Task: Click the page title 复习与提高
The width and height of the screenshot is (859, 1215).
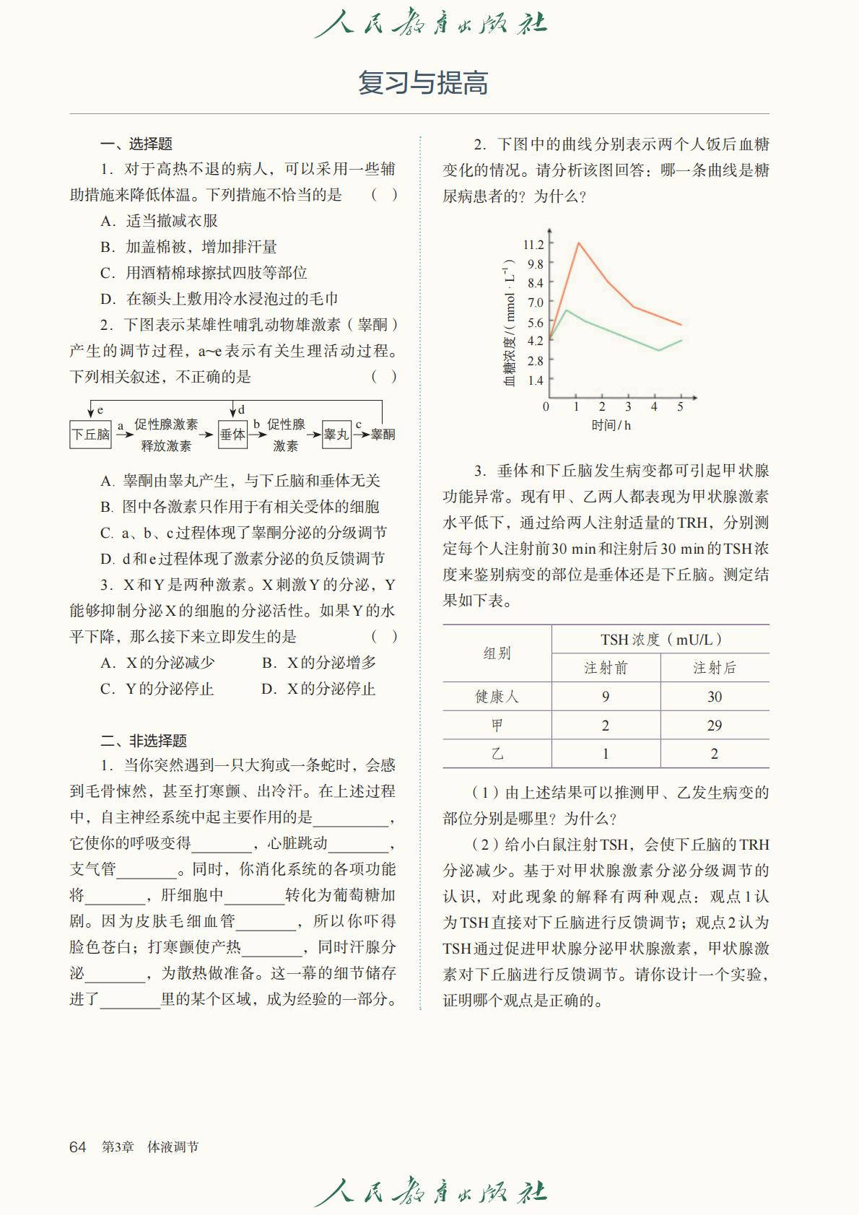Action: pyautogui.click(x=423, y=83)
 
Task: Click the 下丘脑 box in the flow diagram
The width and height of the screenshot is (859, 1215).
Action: pyautogui.click(x=90, y=435)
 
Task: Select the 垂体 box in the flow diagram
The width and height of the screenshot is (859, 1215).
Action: pyautogui.click(x=232, y=435)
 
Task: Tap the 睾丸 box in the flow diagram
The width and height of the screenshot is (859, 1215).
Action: pyautogui.click(x=336, y=435)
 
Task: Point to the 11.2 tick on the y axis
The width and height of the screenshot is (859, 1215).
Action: pyautogui.click(x=534, y=245)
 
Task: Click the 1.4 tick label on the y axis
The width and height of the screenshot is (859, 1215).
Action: pyautogui.click(x=535, y=380)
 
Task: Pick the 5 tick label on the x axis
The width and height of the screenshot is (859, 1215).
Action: pyautogui.click(x=680, y=407)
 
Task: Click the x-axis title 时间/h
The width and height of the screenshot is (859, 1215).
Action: pyautogui.click(x=611, y=425)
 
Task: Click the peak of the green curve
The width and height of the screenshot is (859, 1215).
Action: pyautogui.click(x=567, y=310)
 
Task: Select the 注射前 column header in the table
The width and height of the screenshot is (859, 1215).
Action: pyautogui.click(x=606, y=668)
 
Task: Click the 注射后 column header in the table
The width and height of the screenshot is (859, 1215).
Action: pyautogui.click(x=714, y=668)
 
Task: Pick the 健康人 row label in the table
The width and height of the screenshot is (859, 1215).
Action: pyautogui.click(x=497, y=697)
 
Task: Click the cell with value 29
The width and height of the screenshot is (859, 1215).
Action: pyautogui.click(x=714, y=726)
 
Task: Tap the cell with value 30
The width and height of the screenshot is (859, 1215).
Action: pyautogui.click(x=714, y=697)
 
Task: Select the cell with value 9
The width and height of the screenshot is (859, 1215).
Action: pyautogui.click(x=606, y=697)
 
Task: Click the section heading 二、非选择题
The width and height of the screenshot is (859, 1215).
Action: pyautogui.click(x=144, y=741)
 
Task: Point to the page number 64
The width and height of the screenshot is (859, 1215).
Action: pyautogui.click(x=77, y=1147)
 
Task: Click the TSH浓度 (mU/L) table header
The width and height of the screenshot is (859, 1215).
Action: pyautogui.click(x=660, y=640)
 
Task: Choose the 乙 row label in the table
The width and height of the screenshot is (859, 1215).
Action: pyautogui.click(x=497, y=754)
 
